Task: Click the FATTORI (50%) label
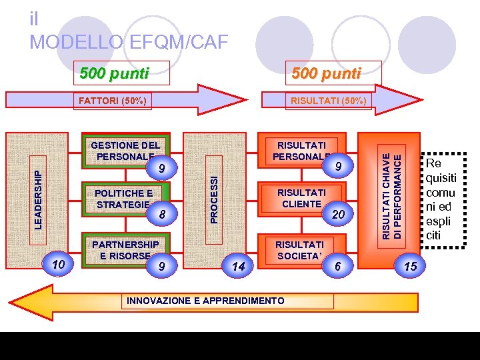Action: pyautogui.click(x=112, y=101)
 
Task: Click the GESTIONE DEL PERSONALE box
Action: pyautogui.click(x=125, y=151)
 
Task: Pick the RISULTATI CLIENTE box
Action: pyautogui.click(x=301, y=198)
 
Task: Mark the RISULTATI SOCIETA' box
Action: pyautogui.click(x=299, y=249)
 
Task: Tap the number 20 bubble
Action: pyautogui.click(x=338, y=213)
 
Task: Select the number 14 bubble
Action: pyautogui.click(x=238, y=266)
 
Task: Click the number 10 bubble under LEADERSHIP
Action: pyautogui.click(x=58, y=265)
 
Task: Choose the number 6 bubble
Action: pyautogui.click(x=337, y=266)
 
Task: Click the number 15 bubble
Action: pyautogui.click(x=410, y=266)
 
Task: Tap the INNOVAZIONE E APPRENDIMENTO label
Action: pyautogui.click(x=205, y=301)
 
